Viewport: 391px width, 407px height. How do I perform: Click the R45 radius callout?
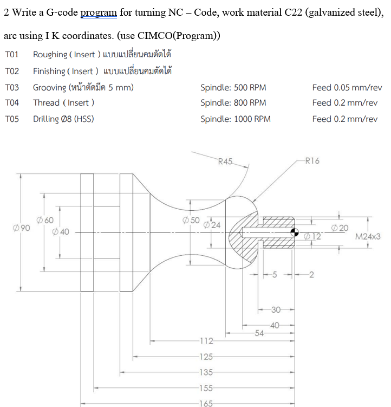point(225,161)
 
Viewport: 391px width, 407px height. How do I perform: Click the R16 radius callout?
point(312,160)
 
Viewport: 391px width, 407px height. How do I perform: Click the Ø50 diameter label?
point(191,220)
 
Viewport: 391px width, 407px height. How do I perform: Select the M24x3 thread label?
point(368,237)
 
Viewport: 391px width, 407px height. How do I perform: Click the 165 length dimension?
point(206,403)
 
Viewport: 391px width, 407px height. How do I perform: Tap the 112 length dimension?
point(206,341)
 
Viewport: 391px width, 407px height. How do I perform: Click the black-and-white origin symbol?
point(295,232)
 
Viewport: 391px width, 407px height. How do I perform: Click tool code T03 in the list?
point(11,87)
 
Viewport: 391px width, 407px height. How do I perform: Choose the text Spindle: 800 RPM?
point(233,103)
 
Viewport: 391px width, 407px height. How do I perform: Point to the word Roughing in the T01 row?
point(50,55)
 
